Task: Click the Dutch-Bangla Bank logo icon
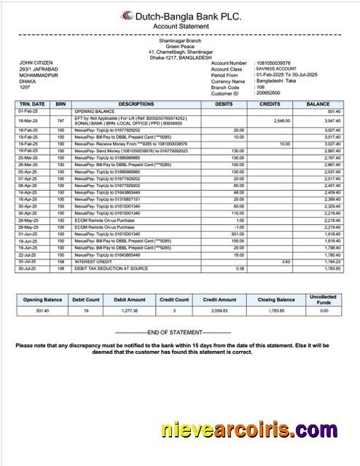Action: [127, 15]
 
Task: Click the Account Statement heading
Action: [179, 25]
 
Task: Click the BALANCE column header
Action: [318, 104]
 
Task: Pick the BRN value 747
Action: [60, 120]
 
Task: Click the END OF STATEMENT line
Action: [179, 333]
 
